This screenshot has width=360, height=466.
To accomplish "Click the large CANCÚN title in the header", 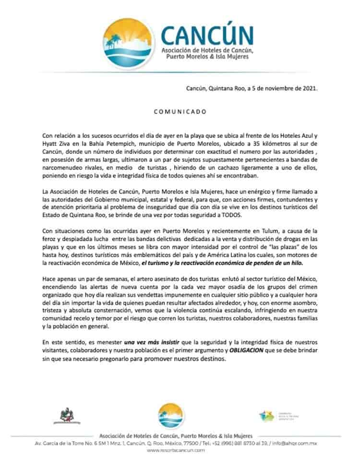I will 207,35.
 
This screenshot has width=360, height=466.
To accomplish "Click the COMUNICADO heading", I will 180,111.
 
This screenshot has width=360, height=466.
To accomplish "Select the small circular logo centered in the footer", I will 171,416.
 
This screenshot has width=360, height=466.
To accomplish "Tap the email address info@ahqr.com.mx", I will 298,443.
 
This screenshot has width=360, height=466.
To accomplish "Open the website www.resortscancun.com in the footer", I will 176,450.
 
